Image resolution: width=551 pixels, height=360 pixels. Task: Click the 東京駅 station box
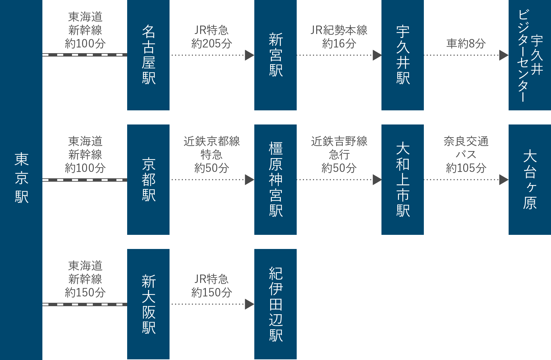click(x=21, y=178)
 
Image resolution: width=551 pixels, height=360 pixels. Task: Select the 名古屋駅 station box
click(x=148, y=55)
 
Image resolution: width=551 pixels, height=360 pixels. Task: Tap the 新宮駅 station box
click(x=275, y=55)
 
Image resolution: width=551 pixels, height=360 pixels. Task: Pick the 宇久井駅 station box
click(x=403, y=55)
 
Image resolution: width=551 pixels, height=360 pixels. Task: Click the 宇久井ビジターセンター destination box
click(x=530, y=55)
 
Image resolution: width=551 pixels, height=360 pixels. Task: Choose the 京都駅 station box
click(x=148, y=180)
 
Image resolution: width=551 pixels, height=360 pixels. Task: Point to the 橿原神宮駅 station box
click(x=275, y=180)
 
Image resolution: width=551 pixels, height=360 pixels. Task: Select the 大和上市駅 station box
click(x=403, y=180)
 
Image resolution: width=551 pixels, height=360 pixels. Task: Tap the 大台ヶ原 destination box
click(x=530, y=180)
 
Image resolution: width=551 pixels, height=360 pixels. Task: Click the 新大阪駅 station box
click(x=148, y=304)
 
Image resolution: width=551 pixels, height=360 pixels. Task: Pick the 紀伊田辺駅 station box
click(x=275, y=304)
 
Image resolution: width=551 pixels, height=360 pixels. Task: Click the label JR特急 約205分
click(x=212, y=37)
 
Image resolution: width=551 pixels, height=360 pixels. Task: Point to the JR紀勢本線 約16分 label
click(x=339, y=37)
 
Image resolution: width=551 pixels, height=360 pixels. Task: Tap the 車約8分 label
click(x=466, y=43)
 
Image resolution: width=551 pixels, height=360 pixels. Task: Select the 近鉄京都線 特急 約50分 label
click(x=212, y=154)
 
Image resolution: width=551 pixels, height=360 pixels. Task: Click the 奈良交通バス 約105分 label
click(x=466, y=154)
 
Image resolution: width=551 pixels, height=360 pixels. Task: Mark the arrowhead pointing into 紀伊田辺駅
click(x=249, y=304)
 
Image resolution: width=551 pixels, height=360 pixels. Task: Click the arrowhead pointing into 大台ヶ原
click(x=504, y=180)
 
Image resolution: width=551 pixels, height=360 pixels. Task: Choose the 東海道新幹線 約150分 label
click(x=85, y=279)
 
